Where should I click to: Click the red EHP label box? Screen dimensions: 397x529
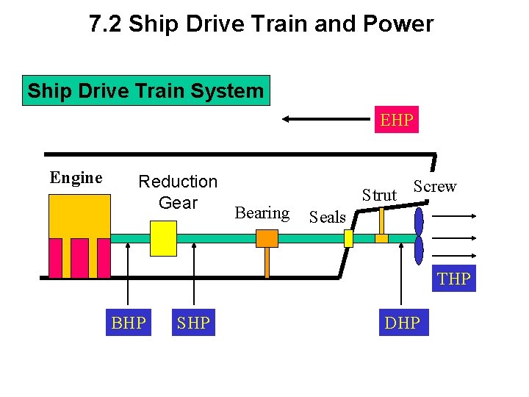397,119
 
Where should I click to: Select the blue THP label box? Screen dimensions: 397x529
454,279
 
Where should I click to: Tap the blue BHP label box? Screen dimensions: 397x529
129,322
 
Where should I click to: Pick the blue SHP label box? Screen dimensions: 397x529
193,322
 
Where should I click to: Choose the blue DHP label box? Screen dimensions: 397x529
402,322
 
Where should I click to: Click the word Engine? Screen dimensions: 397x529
76,178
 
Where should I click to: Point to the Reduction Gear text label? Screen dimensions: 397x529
178,192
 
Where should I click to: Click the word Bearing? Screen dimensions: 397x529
262,213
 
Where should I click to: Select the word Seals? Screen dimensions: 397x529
328,217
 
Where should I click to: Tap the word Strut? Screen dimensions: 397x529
379,195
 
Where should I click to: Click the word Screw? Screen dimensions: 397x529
434,187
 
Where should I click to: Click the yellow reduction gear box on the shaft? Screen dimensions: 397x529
163,238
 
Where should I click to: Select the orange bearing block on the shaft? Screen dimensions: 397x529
267,238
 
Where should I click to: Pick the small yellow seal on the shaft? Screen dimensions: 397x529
349,238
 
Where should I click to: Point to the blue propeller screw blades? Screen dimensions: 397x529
419,237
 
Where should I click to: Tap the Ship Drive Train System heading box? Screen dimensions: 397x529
145,91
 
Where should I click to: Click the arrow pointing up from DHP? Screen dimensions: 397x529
401,279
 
